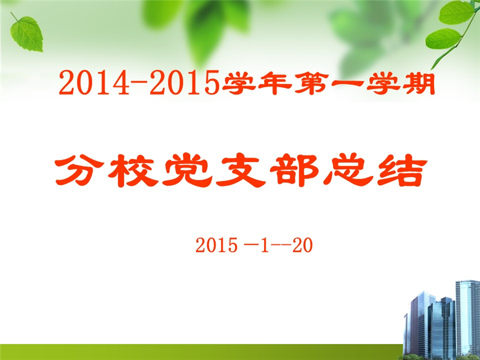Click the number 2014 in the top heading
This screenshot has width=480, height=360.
click(95, 82)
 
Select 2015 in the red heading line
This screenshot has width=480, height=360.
click(185, 82)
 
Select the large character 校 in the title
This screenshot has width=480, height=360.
click(133, 170)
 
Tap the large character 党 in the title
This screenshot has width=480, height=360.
click(187, 170)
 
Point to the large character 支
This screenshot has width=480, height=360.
click(241, 170)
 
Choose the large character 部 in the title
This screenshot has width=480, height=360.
click(295, 170)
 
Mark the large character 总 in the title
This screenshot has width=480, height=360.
click(348, 170)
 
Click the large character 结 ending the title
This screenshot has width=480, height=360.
click(402, 170)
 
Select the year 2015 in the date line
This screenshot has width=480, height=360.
click(217, 245)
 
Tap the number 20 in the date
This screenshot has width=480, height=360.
click(302, 245)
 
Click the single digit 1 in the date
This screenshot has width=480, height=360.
click(265, 245)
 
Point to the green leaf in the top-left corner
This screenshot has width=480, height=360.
click(26, 33)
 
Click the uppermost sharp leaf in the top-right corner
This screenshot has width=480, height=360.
click(457, 12)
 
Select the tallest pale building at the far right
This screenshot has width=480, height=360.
click(468, 318)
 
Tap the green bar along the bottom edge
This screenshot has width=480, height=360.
click(201, 352)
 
